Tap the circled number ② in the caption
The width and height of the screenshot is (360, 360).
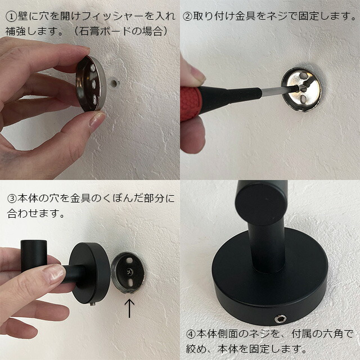[187, 16]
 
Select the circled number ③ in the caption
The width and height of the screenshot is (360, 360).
[12, 199]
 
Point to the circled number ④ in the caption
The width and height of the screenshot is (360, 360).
[191, 334]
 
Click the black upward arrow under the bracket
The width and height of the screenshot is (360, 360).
[129, 308]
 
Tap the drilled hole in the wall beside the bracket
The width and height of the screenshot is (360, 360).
[114, 83]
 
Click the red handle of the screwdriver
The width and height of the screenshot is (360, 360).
[191, 103]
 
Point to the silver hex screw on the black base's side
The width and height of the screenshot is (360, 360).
[281, 318]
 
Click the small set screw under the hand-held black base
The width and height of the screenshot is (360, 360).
[93, 304]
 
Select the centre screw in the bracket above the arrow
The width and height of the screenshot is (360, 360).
[129, 272]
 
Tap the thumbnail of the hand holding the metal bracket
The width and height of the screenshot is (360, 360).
[97, 119]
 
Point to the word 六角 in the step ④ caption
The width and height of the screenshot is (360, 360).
[334, 334]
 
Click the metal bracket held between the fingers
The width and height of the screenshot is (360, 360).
[91, 84]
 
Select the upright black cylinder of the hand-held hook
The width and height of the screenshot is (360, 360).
[34, 256]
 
